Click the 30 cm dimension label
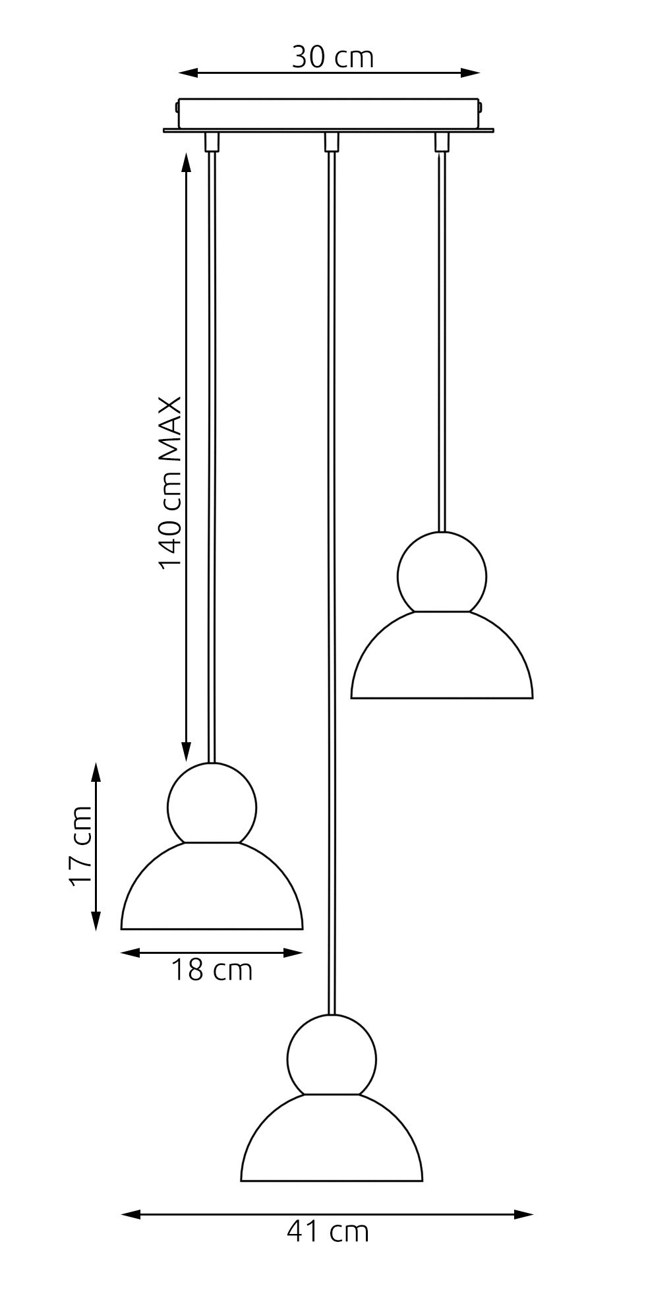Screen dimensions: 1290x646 pyautogui.click(x=332, y=57)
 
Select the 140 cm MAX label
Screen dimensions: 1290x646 pyautogui.click(x=170, y=482)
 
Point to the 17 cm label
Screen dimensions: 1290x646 pyautogui.click(x=82, y=846)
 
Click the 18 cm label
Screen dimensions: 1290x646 pyautogui.click(x=212, y=970)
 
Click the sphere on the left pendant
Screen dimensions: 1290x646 pyautogui.click(x=212, y=804)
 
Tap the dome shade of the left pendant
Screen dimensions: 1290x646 pyautogui.click(x=212, y=890)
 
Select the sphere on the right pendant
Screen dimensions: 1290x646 pyautogui.click(x=442, y=574)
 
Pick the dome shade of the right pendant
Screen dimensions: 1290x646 pyautogui.click(x=442, y=659)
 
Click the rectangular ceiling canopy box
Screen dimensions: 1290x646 pyautogui.click(x=328, y=114)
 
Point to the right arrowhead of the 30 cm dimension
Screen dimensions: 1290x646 pyautogui.click(x=471, y=73)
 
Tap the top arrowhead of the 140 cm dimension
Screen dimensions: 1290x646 pyautogui.click(x=187, y=161)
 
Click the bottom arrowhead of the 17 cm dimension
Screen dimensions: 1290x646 pyautogui.click(x=96, y=921)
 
